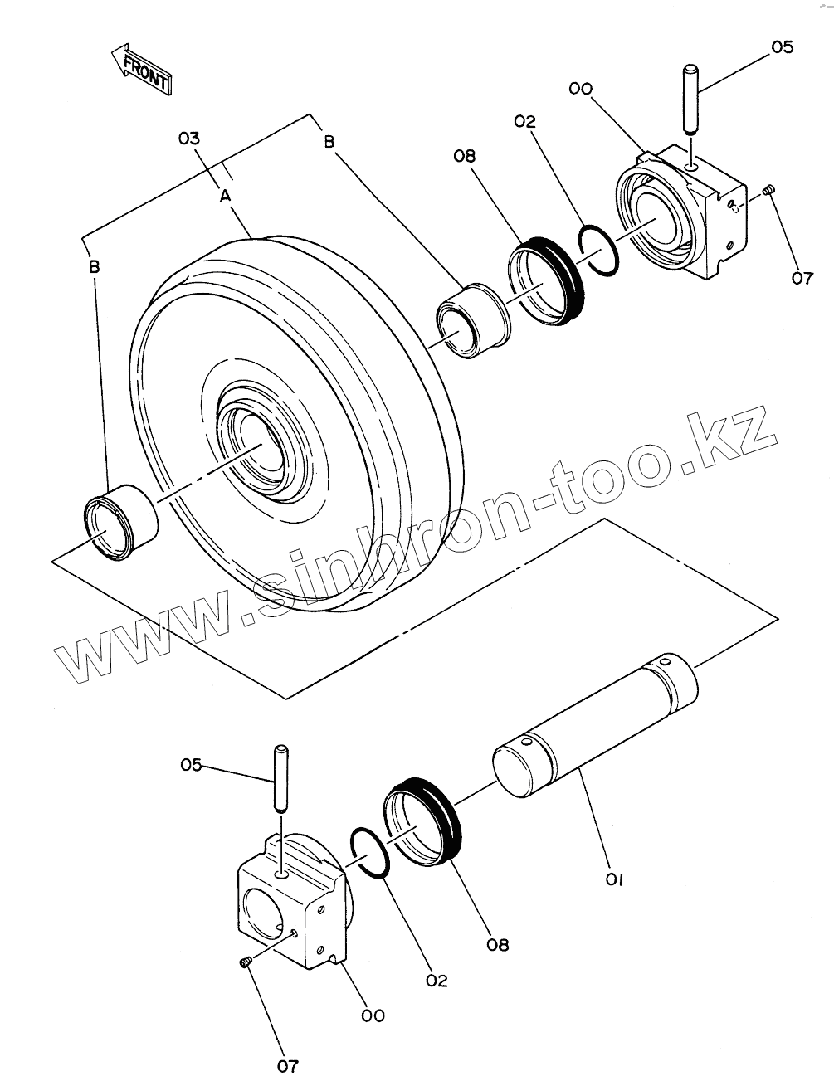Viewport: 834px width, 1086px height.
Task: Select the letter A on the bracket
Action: click(224, 196)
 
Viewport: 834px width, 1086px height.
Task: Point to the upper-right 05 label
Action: click(782, 46)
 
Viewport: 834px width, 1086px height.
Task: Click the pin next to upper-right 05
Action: click(690, 100)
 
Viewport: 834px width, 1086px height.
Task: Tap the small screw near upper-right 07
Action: click(768, 191)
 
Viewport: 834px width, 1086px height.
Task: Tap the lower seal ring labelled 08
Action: click(422, 821)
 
